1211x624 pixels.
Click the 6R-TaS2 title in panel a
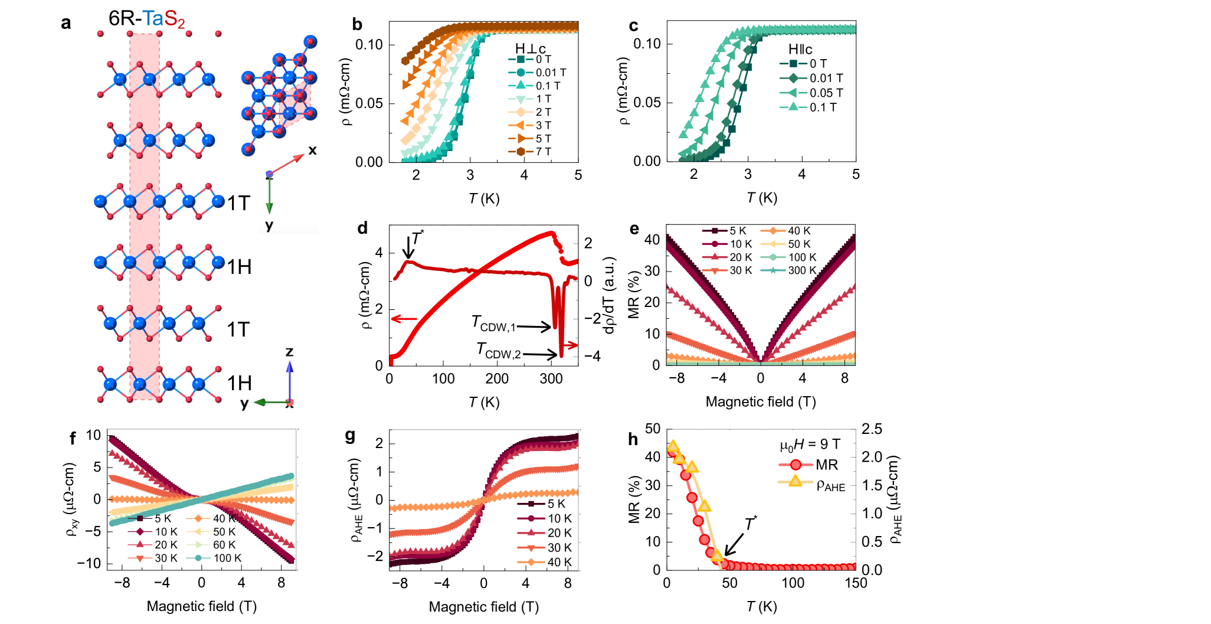click(146, 19)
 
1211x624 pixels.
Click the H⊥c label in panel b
click(531, 48)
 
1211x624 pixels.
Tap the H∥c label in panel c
click(800, 50)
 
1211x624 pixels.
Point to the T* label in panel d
click(417, 238)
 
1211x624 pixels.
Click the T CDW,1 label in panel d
click(493, 324)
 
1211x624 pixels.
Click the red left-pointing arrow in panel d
click(404, 319)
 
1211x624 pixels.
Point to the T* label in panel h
click(751, 524)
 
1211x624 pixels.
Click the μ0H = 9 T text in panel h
click(810, 445)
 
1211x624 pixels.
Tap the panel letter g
click(350, 436)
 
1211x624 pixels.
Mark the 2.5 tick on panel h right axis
click(872, 429)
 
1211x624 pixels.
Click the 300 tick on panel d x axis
click(551, 379)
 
